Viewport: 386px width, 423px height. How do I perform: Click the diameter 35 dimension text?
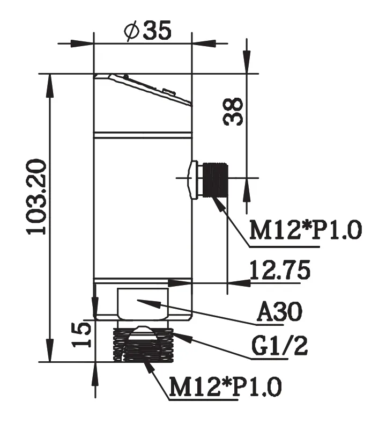coord(147,30)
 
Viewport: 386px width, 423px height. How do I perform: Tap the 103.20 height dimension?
coord(36,197)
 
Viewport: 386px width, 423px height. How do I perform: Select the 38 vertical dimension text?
coord(233,112)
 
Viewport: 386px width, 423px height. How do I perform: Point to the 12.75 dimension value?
coord(280,270)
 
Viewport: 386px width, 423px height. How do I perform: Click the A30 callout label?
coord(280,311)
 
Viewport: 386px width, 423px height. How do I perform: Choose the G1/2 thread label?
coord(280,346)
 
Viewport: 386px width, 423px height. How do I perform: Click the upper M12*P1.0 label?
coord(306,230)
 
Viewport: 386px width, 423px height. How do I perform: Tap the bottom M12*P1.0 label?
coord(226,386)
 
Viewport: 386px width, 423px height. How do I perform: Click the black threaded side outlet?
coord(216,180)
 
